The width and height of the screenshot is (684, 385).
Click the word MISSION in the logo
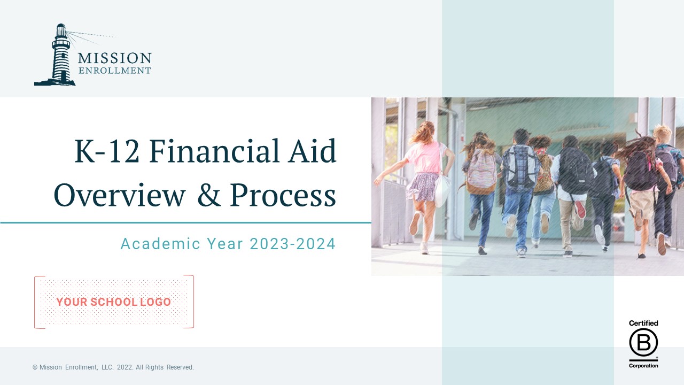tap(114, 58)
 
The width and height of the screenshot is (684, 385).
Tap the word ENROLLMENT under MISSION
tap(114, 71)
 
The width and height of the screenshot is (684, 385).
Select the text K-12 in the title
tap(107, 151)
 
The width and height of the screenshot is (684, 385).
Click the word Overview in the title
tap(120, 195)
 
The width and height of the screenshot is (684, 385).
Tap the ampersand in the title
tap(209, 195)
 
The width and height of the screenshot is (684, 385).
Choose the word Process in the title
tap(283, 195)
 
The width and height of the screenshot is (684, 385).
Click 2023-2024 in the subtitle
tap(293, 244)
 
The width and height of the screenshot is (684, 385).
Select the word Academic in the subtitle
tap(160, 244)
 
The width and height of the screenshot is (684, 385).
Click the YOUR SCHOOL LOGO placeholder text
tap(114, 302)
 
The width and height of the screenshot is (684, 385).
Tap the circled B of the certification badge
tap(643, 342)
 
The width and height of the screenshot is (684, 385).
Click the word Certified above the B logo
tap(643, 323)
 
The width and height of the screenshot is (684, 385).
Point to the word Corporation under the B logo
tap(643, 366)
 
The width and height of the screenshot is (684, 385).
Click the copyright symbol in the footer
tap(35, 367)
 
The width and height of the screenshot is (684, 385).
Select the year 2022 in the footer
tap(125, 367)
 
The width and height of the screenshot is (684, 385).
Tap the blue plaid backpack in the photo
tap(521, 166)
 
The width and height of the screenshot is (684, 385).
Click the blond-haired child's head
tap(662, 134)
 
